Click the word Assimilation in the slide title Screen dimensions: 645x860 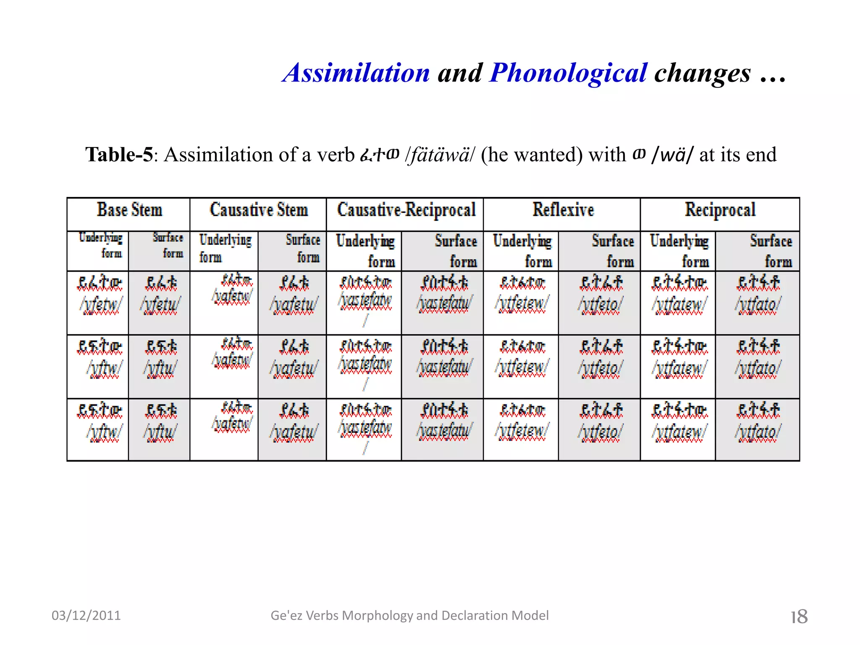(x=357, y=73)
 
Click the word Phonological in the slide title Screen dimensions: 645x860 (x=568, y=73)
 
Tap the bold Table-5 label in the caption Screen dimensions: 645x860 (x=119, y=155)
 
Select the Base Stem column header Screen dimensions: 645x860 (x=129, y=210)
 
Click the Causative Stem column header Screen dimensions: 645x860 (x=259, y=210)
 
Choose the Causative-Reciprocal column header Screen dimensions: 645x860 (x=406, y=210)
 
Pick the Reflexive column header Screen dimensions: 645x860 (x=563, y=210)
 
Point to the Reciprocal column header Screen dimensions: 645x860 (x=720, y=210)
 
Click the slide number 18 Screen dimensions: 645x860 (x=799, y=616)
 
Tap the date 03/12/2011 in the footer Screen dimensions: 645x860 (x=86, y=616)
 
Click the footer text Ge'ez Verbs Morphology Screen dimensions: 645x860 (x=409, y=616)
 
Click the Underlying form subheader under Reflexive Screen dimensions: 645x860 (x=522, y=251)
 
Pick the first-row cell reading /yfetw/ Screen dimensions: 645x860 (x=101, y=304)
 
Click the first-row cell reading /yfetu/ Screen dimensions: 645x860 (x=160, y=304)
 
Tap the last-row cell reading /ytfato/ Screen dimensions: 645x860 (x=758, y=432)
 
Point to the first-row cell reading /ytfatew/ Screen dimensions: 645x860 (x=679, y=304)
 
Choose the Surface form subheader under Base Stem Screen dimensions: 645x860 (x=168, y=245)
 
